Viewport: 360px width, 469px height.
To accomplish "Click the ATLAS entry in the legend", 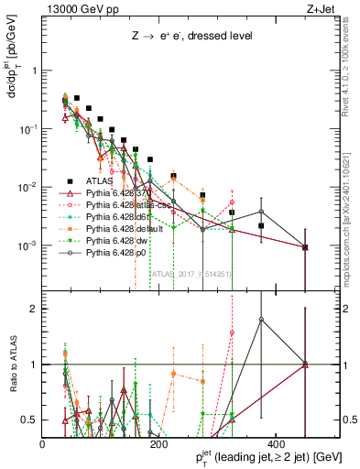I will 85,181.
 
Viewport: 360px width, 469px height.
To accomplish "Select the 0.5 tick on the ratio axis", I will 30,420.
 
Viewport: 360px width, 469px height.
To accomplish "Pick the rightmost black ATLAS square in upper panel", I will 305,247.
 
